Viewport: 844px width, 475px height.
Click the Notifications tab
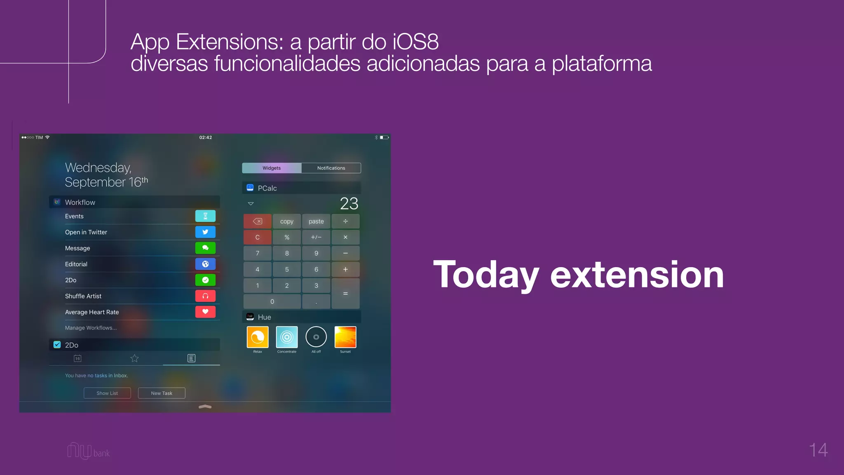(331, 168)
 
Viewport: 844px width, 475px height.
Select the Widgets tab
(272, 168)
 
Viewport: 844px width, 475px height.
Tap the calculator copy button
(287, 221)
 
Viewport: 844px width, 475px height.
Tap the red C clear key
(258, 237)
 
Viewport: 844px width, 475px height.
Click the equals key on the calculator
(345, 294)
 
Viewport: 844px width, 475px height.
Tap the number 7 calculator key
(258, 253)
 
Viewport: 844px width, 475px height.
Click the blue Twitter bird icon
(205, 232)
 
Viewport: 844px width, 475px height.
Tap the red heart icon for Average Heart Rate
(205, 312)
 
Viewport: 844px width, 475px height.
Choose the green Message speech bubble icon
(205, 248)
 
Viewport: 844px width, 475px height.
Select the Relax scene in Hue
(258, 337)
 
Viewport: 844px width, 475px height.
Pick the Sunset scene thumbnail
(345, 337)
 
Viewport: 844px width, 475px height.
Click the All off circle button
(316, 337)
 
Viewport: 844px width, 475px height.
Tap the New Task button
(162, 393)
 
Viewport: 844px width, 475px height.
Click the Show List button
(107, 393)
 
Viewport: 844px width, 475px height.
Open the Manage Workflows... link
(91, 328)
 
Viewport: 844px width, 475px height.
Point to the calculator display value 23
(349, 204)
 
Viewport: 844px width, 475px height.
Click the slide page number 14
(818, 450)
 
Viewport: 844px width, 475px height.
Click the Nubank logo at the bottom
(88, 451)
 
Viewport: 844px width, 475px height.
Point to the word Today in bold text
(486, 275)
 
